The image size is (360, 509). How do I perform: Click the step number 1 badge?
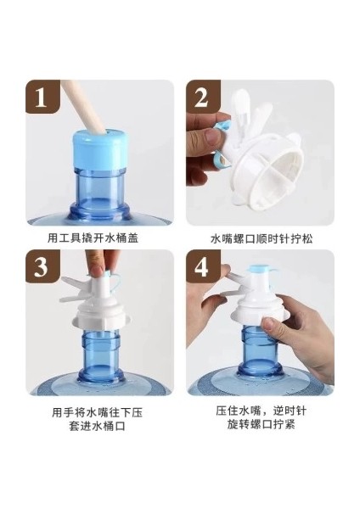click(42, 97)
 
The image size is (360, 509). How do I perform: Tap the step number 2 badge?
click(203, 97)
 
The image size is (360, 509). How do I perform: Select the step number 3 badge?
click(42, 266)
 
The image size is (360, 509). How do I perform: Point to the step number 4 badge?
click(203, 266)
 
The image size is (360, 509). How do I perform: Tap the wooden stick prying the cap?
click(86, 106)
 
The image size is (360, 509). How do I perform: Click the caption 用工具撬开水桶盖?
click(93, 238)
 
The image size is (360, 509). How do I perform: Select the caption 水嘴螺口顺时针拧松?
click(262, 238)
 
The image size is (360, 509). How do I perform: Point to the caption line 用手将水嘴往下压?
click(97, 412)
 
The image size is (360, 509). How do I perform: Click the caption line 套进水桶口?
click(97, 426)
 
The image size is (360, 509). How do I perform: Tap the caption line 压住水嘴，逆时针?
click(261, 411)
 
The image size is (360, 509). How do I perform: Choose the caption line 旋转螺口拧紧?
click(261, 424)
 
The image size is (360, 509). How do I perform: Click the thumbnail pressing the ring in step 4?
click(268, 323)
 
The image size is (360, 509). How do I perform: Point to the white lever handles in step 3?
click(76, 289)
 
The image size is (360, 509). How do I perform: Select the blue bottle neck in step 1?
click(99, 194)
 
